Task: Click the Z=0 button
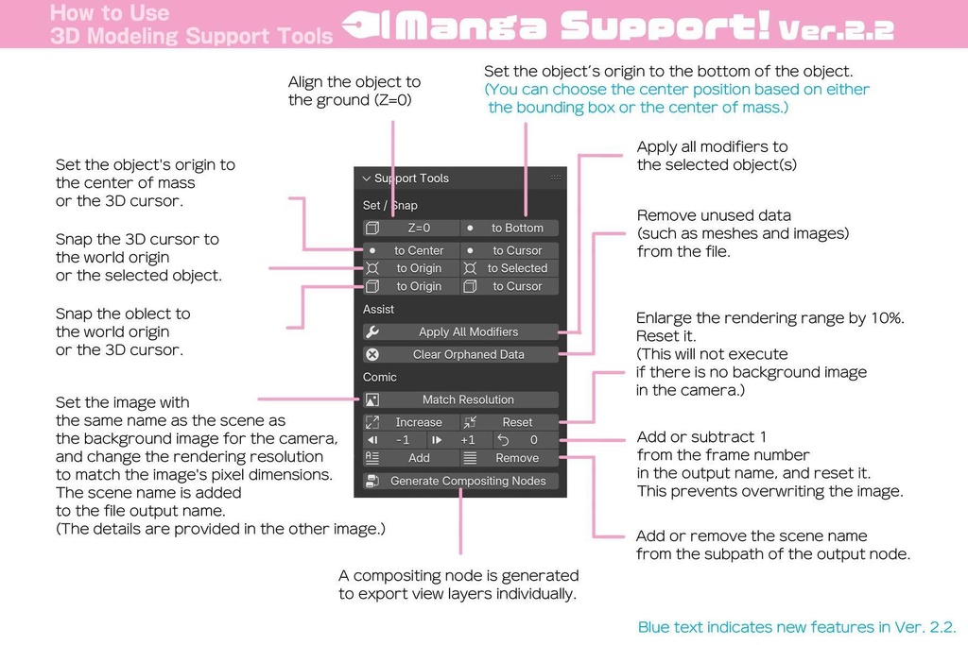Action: pos(411,228)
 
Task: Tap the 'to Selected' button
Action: pos(510,268)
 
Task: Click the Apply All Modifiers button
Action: pos(460,331)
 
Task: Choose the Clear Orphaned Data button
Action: pos(460,354)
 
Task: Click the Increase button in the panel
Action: pos(411,422)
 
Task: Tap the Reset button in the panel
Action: pos(510,422)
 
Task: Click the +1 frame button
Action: pos(459,440)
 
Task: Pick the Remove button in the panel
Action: pos(510,458)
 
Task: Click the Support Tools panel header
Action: pos(411,178)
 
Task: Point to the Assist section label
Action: pos(379,309)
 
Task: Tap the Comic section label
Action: pos(380,377)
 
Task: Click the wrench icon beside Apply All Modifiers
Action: pos(372,331)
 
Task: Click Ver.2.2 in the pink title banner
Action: pos(836,29)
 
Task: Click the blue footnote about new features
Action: pos(797,627)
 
